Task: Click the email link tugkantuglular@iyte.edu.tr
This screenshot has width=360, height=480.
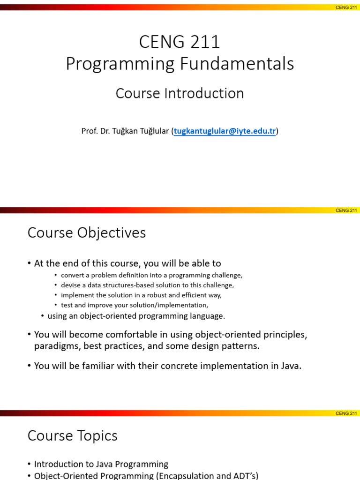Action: tap(225, 131)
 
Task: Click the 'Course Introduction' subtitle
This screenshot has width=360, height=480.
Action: tap(180, 93)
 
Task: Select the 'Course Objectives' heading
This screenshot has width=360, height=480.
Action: tap(87, 233)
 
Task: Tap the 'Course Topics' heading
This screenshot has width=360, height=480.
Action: tap(73, 436)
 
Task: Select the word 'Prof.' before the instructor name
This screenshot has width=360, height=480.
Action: tap(89, 131)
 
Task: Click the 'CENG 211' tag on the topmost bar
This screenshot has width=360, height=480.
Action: tap(346, 7)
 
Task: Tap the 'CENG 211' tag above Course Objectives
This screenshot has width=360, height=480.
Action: tap(346, 210)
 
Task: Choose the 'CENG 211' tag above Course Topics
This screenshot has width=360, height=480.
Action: tap(346, 413)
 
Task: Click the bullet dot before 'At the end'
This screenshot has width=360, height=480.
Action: tap(29, 264)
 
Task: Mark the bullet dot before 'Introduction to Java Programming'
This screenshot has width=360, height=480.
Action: tap(29, 465)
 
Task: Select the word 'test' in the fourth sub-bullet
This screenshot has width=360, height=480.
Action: tap(67, 305)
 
